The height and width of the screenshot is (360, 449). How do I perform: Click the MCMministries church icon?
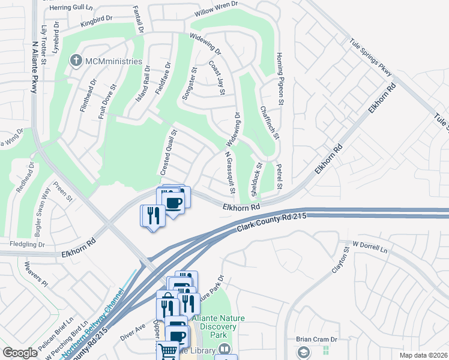[x=76, y=61]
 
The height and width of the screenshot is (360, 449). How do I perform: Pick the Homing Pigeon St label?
[x=279, y=72]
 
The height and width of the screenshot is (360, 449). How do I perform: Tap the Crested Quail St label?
[x=168, y=154]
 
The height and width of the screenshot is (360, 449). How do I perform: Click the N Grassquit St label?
[x=229, y=173]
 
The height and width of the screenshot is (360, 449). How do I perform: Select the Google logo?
[x=20, y=353]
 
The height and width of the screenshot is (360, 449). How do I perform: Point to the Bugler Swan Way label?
[x=46, y=203]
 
